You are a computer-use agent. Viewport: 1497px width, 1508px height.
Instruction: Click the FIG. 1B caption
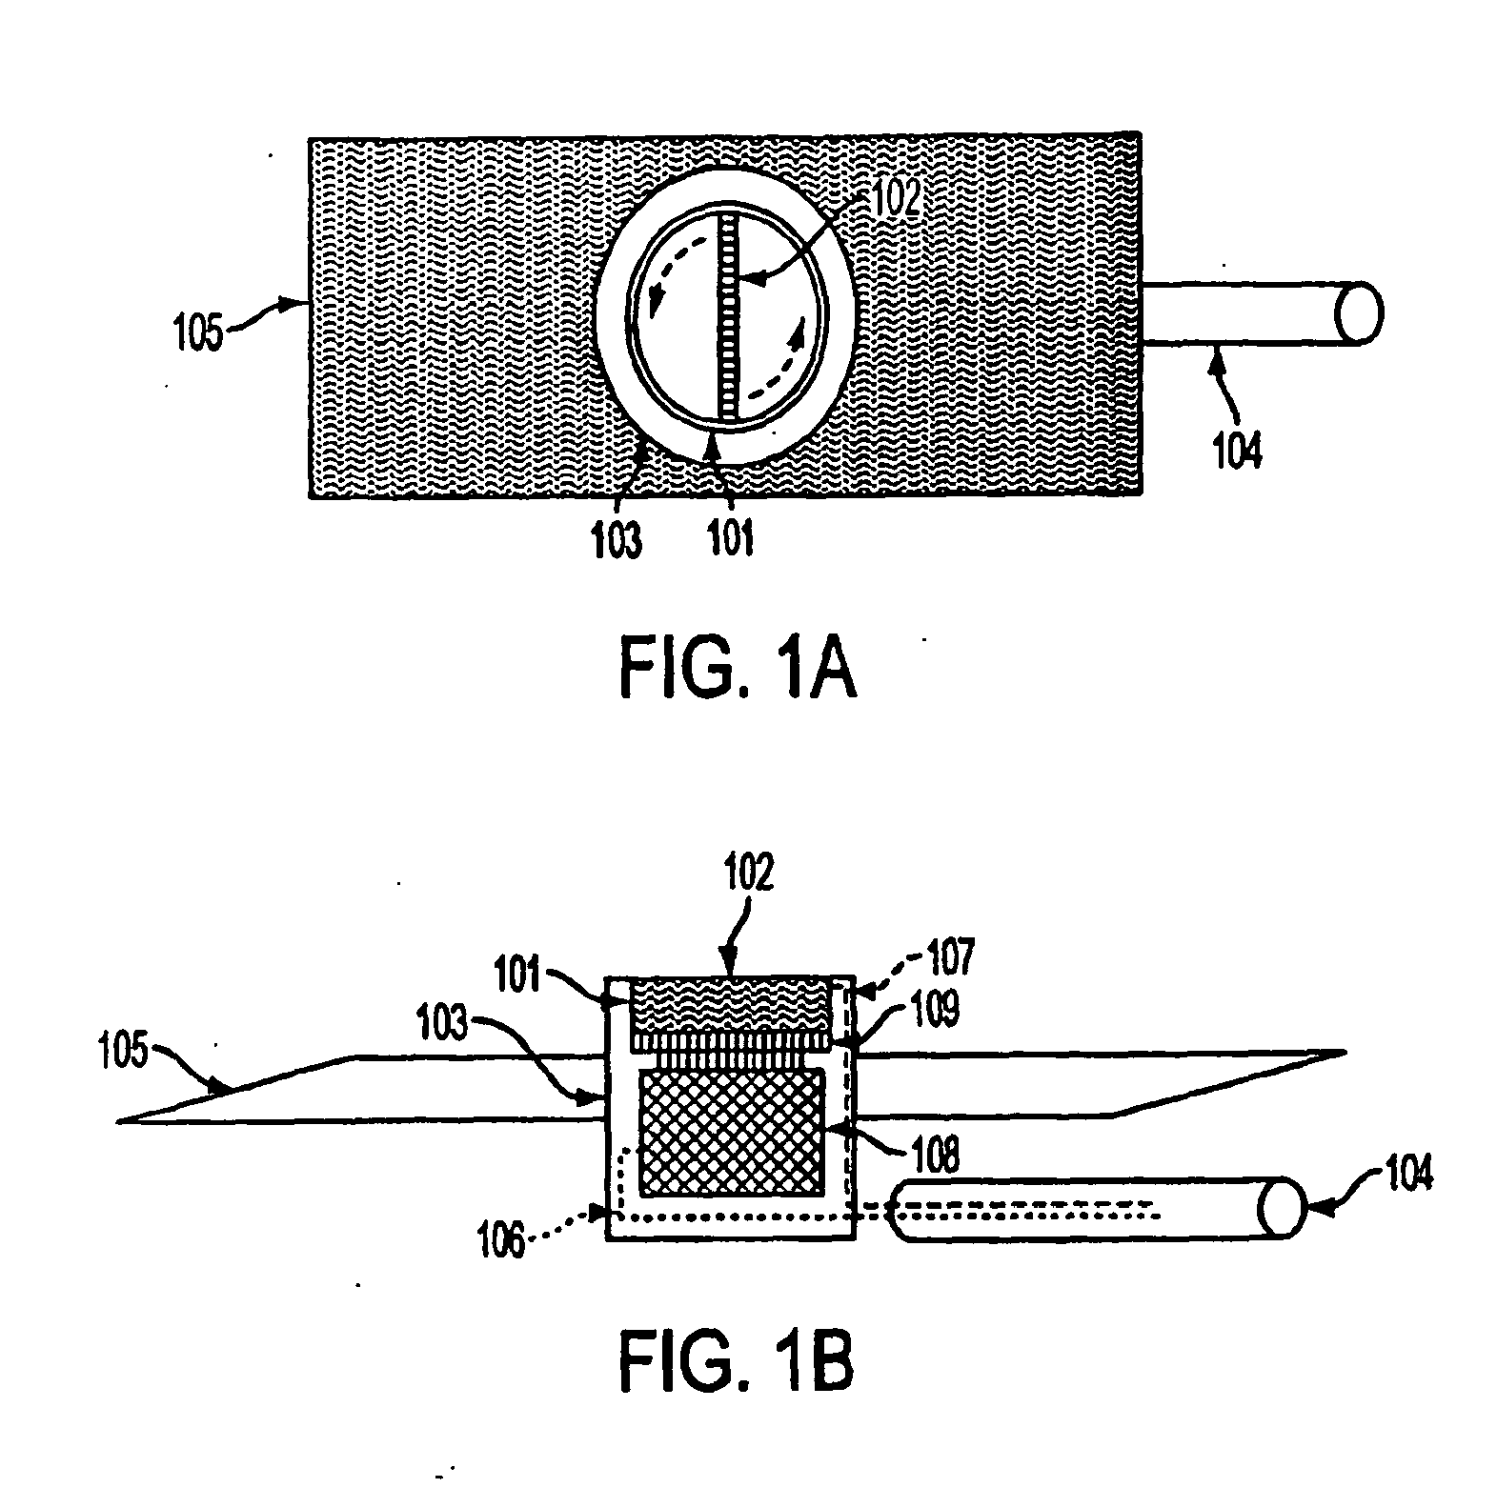coord(737,1362)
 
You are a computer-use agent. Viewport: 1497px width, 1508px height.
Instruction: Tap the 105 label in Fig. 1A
coord(199,334)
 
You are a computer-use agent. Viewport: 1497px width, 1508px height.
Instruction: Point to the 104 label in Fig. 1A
coord(1238,448)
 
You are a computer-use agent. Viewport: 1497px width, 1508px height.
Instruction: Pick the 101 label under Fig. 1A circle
coord(731,539)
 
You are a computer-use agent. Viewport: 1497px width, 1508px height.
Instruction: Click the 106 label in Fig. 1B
coord(502,1241)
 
